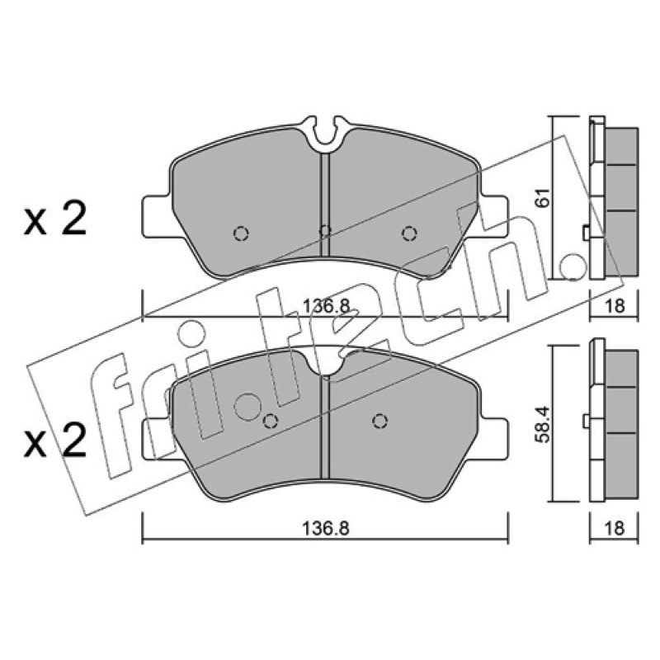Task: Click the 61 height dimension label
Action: pyautogui.click(x=544, y=197)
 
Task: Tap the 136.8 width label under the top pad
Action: pyautogui.click(x=326, y=306)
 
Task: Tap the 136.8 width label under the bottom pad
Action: pyautogui.click(x=326, y=528)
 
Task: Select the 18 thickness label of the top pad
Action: pyautogui.click(x=615, y=306)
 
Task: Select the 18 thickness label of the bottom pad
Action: pyautogui.click(x=615, y=528)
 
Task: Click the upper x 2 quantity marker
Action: pyautogui.click(x=55, y=219)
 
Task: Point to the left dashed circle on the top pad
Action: pyautogui.click(x=241, y=233)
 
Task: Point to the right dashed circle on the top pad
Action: pyautogui.click(x=409, y=233)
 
